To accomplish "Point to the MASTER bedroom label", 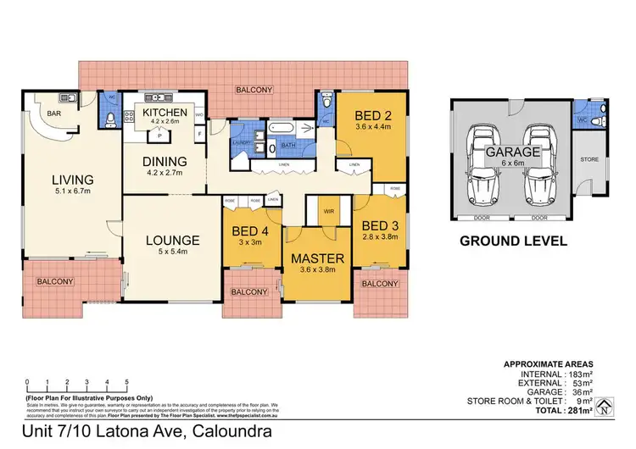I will [x=319, y=258].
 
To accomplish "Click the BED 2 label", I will [x=372, y=115].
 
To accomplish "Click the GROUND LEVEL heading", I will [x=512, y=241].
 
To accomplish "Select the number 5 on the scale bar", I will [x=127, y=382].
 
